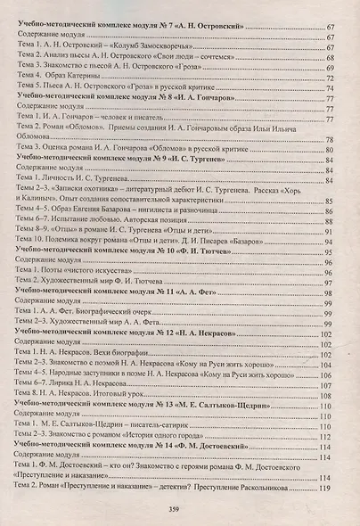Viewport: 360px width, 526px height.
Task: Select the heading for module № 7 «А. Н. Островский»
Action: (134, 29)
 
